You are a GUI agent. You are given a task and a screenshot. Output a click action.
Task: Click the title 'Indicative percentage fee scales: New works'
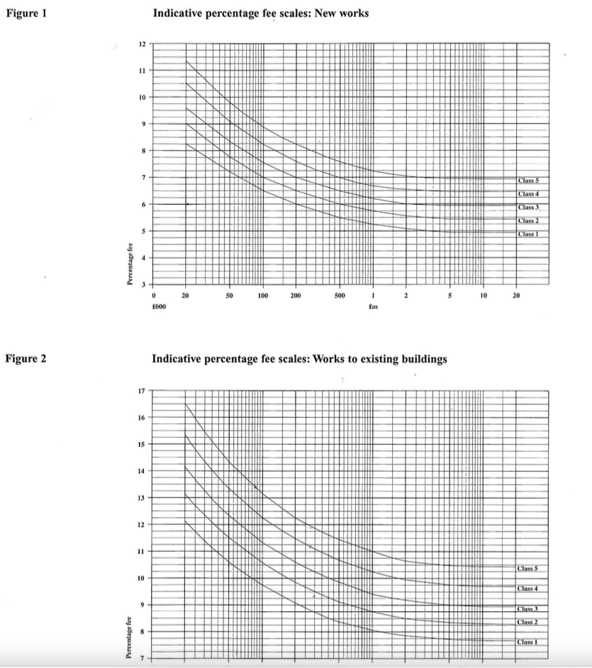click(261, 13)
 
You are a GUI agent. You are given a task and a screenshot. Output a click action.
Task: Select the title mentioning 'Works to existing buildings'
click(300, 359)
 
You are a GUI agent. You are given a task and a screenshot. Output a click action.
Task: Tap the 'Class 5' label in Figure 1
click(530, 181)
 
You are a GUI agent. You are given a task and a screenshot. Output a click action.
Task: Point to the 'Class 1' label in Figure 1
click(530, 234)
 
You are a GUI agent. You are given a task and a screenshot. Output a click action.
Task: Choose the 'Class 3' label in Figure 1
click(530, 208)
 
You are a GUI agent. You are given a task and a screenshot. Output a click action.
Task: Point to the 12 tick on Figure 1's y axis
click(142, 44)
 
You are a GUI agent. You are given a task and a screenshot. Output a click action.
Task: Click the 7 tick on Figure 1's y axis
click(143, 177)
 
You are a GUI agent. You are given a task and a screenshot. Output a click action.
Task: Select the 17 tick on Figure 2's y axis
click(142, 391)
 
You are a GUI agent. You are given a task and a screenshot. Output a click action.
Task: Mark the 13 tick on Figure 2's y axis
click(142, 498)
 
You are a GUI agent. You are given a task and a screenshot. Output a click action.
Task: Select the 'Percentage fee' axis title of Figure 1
click(129, 262)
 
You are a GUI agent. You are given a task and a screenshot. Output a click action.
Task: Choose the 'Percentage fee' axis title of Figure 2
click(129, 640)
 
